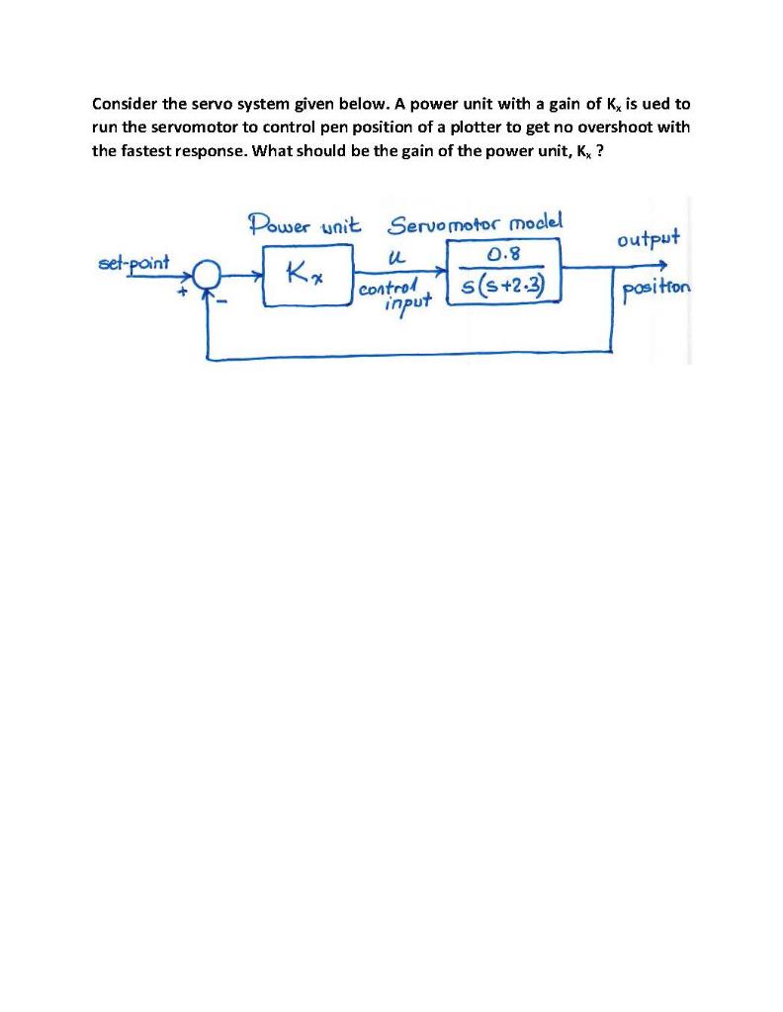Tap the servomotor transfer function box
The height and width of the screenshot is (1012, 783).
point(505,274)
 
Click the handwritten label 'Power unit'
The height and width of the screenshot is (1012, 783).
point(304,223)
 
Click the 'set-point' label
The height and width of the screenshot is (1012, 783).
point(135,263)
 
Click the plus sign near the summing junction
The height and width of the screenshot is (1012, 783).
point(182,292)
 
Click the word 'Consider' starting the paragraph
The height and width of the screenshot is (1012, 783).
point(123,103)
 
